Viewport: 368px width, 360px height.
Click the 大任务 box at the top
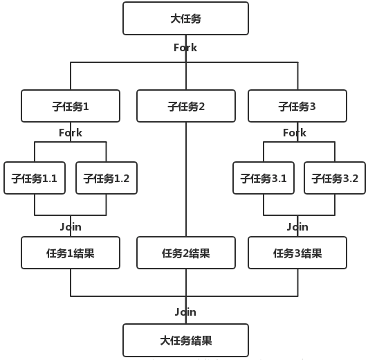185,19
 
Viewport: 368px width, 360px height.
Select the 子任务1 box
71,107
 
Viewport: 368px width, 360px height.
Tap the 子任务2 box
185,107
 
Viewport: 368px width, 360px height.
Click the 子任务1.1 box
35,178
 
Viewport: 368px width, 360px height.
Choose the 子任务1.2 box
106,178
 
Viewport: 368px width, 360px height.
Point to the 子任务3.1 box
264,178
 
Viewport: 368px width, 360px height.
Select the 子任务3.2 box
335,178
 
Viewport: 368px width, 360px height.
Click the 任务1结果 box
71,253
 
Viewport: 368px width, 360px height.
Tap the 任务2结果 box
185,253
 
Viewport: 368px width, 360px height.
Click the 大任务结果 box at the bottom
185,340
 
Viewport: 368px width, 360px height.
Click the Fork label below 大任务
185,48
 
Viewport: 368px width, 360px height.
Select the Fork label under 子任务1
71,133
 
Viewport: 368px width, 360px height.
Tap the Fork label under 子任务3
295,133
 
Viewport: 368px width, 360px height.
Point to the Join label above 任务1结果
71,226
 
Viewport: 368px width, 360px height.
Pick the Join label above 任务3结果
297,226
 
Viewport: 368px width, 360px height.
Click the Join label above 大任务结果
185,312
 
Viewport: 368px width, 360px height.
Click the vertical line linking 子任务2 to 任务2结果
185,180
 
